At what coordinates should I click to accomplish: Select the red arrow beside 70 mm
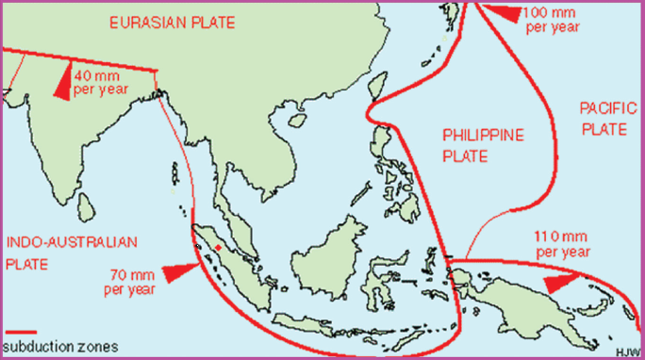tap(180, 272)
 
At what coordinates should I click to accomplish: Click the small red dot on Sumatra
tap(218, 247)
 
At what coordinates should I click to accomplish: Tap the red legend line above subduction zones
tap(20, 332)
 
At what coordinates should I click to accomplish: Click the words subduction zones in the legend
tap(61, 347)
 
